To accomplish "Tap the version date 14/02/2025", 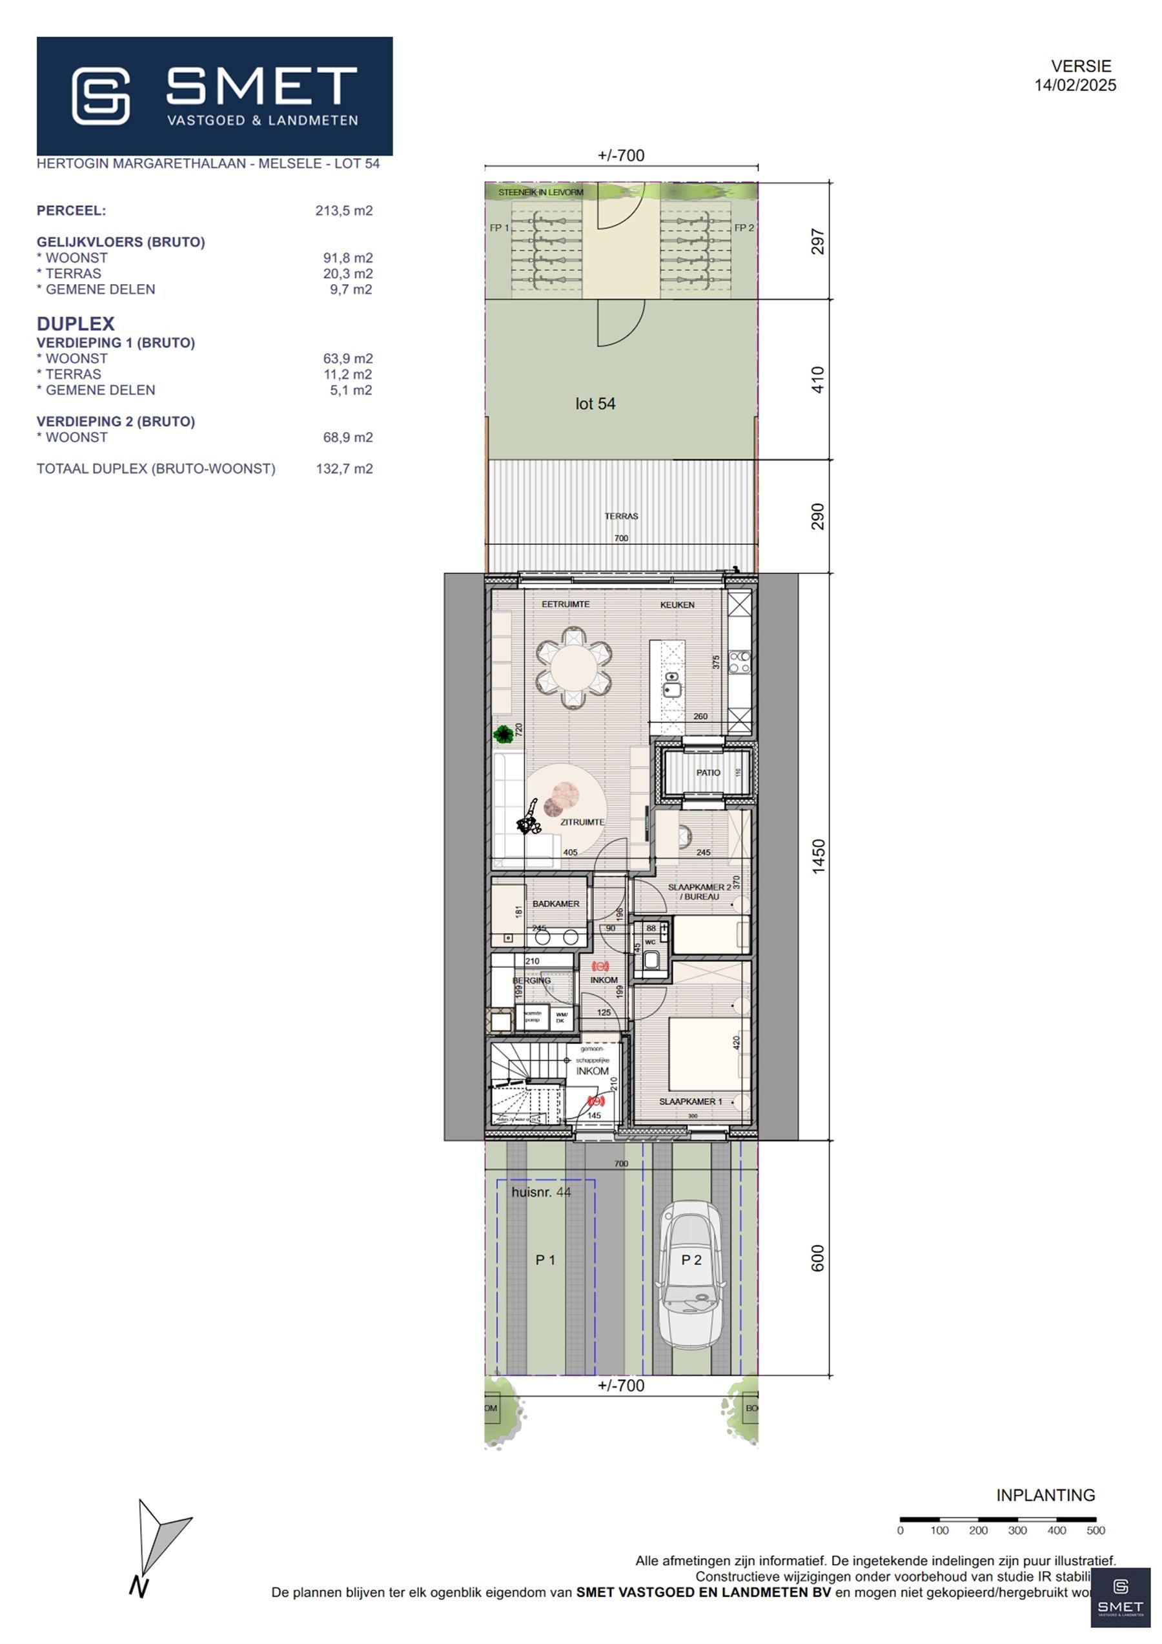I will click(1075, 85).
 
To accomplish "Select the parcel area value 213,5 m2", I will click(343, 211).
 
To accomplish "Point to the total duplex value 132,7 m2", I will click(344, 469).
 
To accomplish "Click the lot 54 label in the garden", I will click(595, 404).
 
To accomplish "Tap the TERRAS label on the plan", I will click(621, 515).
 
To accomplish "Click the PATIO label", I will click(708, 772).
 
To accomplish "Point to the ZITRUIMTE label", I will click(582, 822).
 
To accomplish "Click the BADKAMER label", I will click(556, 903).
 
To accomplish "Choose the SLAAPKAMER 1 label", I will click(690, 1101).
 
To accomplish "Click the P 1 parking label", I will click(545, 1260).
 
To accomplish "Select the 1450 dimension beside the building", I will click(818, 856).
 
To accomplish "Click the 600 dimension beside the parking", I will click(818, 1258).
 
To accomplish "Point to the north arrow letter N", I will click(138, 1587).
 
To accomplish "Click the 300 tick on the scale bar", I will click(1017, 1530).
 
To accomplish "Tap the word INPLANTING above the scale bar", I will click(1045, 1495).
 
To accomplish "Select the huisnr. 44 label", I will click(541, 1192).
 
